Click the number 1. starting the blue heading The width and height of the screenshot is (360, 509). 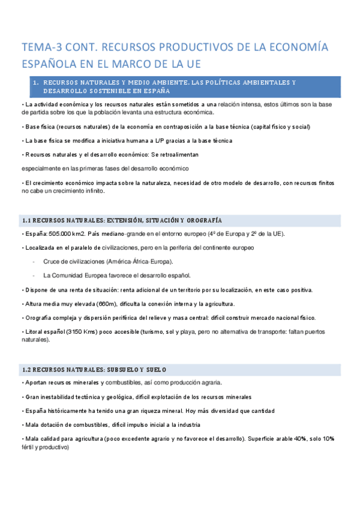coord(37,82)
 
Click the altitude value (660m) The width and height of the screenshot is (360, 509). coord(109,304)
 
